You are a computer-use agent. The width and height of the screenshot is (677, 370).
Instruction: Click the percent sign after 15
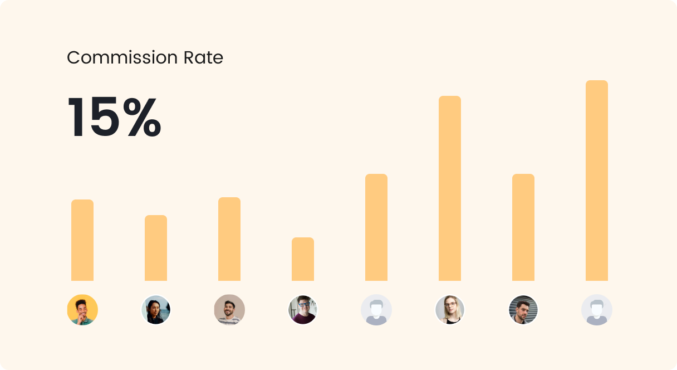(x=142, y=118)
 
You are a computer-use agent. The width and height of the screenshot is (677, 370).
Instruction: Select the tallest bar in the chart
(x=597, y=181)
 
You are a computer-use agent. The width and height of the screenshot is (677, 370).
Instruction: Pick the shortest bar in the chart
(x=303, y=259)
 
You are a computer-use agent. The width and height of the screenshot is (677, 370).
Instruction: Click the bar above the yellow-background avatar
(x=82, y=240)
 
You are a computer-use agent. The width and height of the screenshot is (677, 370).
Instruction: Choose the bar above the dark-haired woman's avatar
(x=156, y=248)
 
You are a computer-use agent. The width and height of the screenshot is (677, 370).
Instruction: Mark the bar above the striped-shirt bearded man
(x=229, y=239)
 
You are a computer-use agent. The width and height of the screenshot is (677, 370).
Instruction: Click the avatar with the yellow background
(x=82, y=310)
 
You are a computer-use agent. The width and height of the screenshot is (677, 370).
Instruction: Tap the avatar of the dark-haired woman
(x=156, y=310)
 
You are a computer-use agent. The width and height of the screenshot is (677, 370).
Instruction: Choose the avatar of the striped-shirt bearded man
(x=229, y=310)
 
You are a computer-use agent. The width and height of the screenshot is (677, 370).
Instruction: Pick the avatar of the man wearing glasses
(x=303, y=310)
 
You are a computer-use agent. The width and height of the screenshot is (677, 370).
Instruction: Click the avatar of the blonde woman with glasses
(x=450, y=310)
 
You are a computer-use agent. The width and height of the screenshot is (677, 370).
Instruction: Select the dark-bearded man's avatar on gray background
(x=523, y=310)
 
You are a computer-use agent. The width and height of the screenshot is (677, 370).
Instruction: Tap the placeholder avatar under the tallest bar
(x=597, y=310)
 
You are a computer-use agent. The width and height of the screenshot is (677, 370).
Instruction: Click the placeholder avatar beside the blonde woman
(x=376, y=310)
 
